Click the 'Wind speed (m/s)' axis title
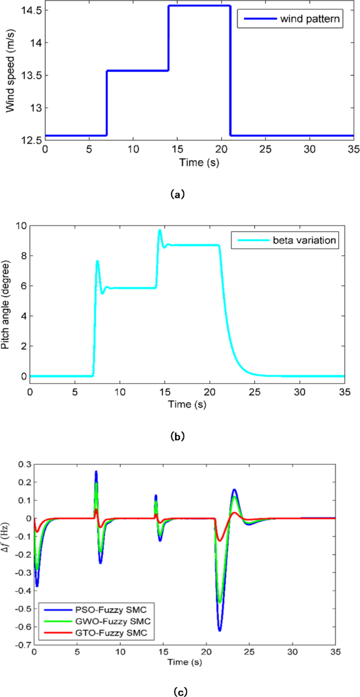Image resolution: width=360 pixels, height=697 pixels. point(9,75)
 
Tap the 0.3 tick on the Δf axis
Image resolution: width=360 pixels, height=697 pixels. point(24,464)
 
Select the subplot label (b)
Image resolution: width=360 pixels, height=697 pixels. point(178,435)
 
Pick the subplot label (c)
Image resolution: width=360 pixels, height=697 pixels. point(178,691)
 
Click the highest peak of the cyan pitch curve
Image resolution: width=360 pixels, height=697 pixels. point(159,230)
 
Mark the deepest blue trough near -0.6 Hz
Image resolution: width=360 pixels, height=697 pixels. point(220,630)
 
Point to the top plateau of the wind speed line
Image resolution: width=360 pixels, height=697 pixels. point(199,6)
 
